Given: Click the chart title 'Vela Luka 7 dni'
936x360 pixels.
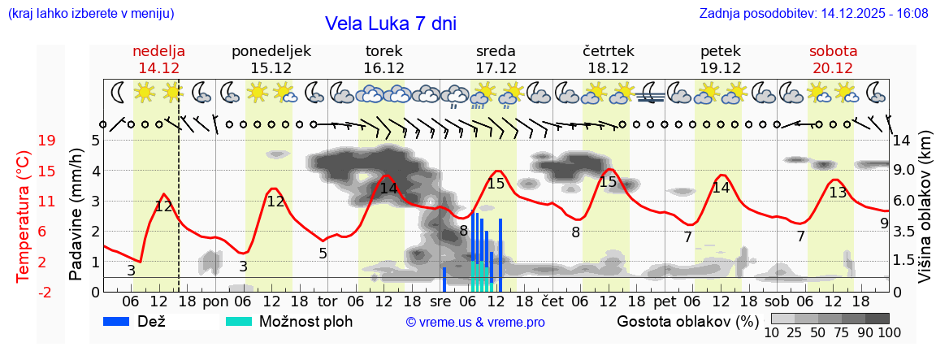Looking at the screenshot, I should (x=390, y=24).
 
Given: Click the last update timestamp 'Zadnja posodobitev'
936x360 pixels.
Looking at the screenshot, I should (x=813, y=14).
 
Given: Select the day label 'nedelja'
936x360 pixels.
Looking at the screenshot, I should (x=159, y=51).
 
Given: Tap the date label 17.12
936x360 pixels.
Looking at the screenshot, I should (x=496, y=68).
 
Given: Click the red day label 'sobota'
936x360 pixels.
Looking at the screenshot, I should (x=833, y=51).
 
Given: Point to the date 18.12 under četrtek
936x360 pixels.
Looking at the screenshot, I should (x=608, y=68).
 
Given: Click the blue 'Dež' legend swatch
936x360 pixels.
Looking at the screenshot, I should (x=123, y=321).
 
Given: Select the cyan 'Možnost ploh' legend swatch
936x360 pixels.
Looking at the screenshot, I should (x=239, y=321).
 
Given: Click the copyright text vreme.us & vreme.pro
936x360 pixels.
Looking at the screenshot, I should (x=475, y=323).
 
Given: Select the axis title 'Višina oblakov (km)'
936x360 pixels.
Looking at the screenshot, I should (x=925, y=215).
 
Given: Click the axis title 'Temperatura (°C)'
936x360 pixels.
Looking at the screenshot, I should (x=24, y=215).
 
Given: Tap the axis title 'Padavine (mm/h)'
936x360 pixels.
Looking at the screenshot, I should (x=76, y=215).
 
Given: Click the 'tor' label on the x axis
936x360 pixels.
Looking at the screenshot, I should (x=327, y=301).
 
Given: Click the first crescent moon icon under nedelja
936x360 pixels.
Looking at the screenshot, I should (x=118, y=92).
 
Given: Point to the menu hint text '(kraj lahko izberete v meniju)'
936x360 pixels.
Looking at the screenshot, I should (x=90, y=14).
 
